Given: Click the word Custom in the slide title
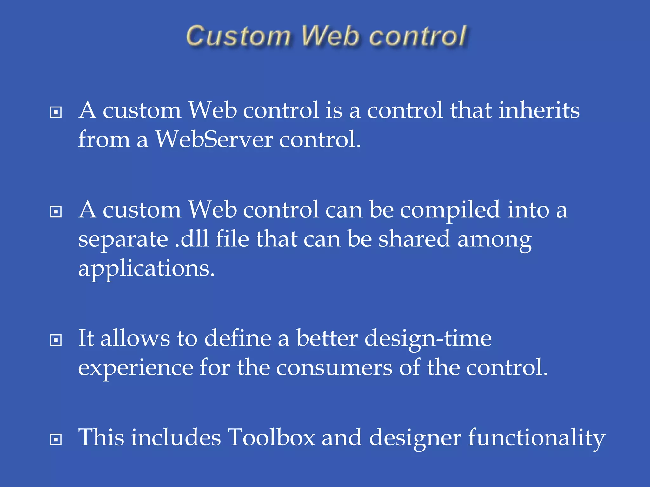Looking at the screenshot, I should click(238, 36).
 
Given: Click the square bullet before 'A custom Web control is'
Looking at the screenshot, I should click(56, 112).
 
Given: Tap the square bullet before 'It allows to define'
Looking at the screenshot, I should click(56, 340).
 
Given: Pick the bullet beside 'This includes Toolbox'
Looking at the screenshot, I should click(56, 439).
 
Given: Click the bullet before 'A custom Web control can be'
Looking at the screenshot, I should click(56, 211).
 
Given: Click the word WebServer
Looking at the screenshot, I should click(214, 140).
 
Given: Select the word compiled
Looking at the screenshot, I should click(450, 211).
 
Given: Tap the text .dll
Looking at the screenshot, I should click(192, 239).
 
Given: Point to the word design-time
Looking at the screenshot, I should click(428, 339).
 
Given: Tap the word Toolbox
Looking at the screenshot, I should click(271, 438).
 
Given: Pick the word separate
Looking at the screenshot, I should click(123, 239).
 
